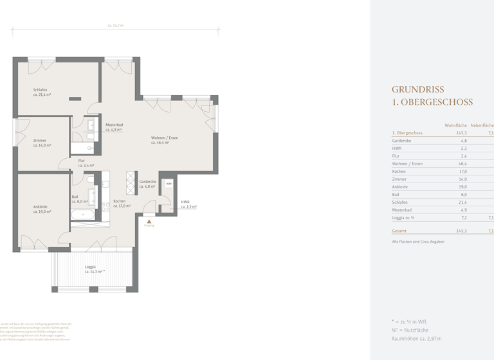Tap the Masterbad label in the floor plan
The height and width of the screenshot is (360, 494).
point(114,125)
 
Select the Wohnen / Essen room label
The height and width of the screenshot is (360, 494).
point(164,138)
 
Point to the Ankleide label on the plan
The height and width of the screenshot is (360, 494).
point(41,207)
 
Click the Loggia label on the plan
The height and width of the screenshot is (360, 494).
point(91,267)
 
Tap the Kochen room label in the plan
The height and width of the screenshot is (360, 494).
point(120,202)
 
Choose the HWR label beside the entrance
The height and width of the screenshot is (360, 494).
point(185,202)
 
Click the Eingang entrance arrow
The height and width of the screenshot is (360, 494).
point(149,221)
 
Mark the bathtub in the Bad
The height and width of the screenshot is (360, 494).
point(82,214)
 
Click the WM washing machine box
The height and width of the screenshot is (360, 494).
point(169,184)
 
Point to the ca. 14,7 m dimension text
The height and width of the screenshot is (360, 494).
point(115,26)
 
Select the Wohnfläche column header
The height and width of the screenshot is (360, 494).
point(455,125)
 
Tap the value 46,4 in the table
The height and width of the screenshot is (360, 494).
point(462,164)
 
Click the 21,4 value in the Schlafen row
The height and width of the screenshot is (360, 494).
point(462,202)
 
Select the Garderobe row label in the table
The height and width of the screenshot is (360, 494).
point(402,140)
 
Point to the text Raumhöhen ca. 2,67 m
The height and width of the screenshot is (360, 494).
point(417,337)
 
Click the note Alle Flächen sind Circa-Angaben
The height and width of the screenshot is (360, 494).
point(418,242)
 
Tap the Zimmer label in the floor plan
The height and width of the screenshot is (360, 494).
point(40,140)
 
